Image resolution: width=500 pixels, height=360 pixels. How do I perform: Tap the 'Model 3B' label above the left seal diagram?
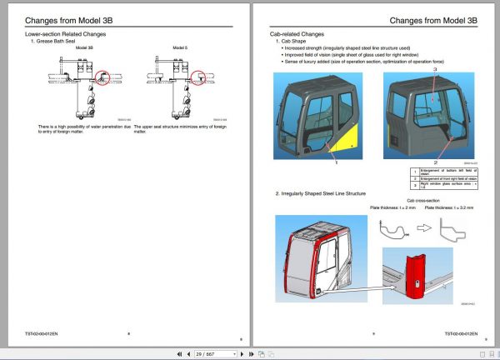(x=84, y=48)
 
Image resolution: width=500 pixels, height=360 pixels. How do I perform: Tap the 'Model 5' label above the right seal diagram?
(x=181, y=48)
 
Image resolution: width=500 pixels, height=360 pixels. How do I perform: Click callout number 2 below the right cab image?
(x=434, y=162)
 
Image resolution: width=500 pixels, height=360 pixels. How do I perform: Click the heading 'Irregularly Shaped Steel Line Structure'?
(x=320, y=193)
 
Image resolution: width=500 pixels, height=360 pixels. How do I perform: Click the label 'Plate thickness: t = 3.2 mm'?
(x=448, y=208)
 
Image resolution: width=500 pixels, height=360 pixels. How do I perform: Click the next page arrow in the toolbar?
(x=241, y=353)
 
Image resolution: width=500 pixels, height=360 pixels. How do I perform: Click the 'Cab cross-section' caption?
(x=417, y=201)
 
